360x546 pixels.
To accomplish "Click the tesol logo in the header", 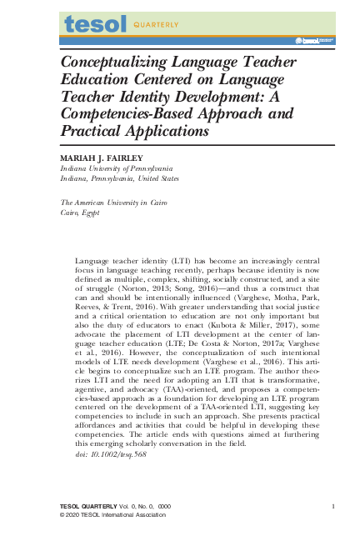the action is (x=96, y=24).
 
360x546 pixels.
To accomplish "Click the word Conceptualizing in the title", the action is (x=122, y=62).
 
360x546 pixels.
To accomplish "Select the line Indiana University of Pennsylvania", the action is (x=114, y=168).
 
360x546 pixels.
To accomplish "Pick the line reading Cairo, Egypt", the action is (x=80, y=213).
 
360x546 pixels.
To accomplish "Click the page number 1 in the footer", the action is (x=332, y=506).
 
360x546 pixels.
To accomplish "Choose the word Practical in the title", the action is (x=92, y=132).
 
